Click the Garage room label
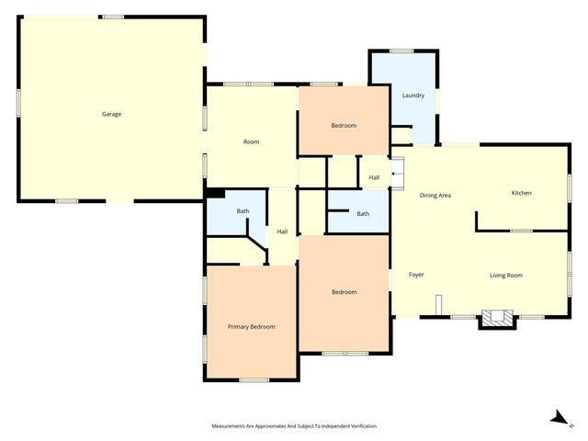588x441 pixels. click(112, 114)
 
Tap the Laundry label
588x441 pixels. click(413, 95)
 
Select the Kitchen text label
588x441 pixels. click(521, 193)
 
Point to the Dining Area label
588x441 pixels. click(435, 196)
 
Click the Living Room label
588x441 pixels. click(505, 275)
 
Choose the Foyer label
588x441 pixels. click(415, 275)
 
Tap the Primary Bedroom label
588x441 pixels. click(251, 326)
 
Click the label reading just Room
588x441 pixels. click(251, 141)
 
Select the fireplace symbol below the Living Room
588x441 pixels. click(499, 318)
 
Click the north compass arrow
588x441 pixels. click(557, 418)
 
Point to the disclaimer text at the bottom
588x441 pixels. click(294, 426)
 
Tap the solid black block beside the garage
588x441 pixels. click(215, 193)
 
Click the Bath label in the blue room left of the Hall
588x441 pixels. click(243, 211)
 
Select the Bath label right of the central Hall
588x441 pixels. click(363, 214)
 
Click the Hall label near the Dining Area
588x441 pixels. click(374, 177)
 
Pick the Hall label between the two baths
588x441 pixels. click(282, 232)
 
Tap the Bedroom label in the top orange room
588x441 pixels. click(344, 125)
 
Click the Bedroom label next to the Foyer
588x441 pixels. click(344, 292)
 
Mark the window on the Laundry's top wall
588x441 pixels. click(401, 51)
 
